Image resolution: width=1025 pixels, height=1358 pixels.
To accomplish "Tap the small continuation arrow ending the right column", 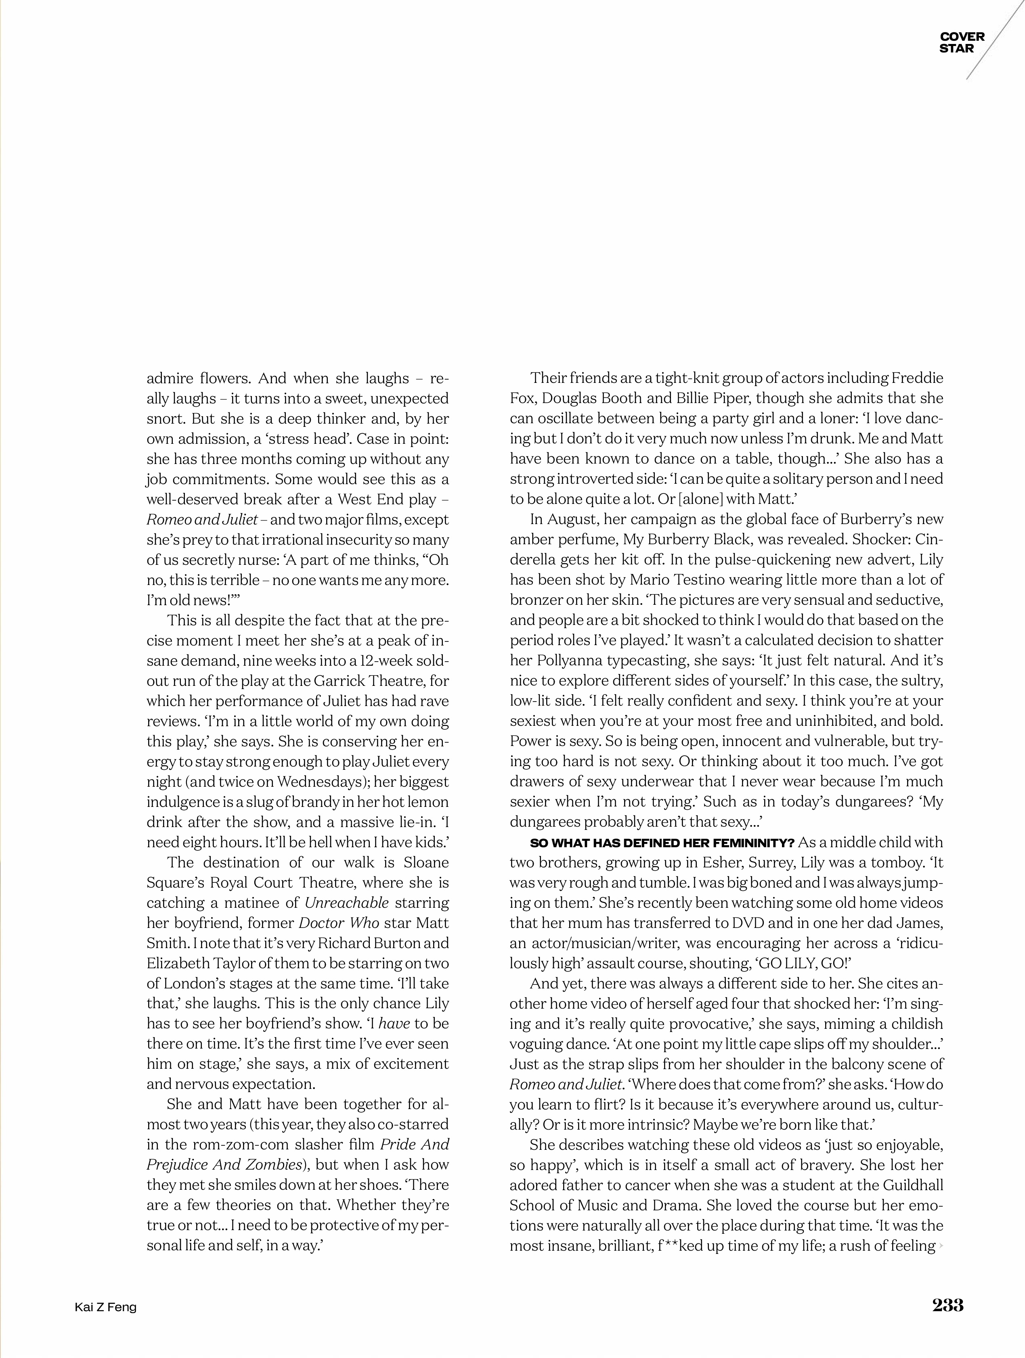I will tap(940, 1246).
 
